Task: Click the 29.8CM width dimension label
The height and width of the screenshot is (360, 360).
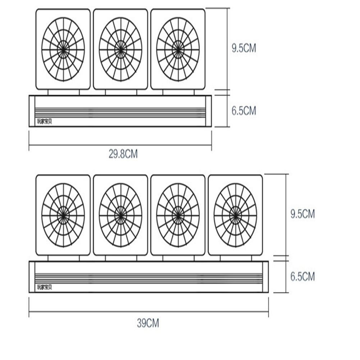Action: (x=123, y=154)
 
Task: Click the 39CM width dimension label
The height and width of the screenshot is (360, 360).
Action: (x=147, y=323)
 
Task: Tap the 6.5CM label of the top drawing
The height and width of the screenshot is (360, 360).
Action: (x=243, y=110)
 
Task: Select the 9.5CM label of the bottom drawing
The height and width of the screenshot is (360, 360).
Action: (x=302, y=214)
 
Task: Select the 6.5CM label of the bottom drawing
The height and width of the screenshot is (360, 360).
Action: (x=302, y=277)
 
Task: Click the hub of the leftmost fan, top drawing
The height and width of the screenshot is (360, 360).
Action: (x=63, y=49)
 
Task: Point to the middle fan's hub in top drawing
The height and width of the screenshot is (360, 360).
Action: (x=120, y=49)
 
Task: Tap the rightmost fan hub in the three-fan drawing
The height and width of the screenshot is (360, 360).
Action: (x=178, y=49)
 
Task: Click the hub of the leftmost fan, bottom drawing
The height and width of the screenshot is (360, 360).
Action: (x=63, y=215)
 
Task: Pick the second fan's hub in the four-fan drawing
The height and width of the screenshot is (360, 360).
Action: (x=120, y=215)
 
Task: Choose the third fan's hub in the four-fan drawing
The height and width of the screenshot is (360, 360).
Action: (x=178, y=215)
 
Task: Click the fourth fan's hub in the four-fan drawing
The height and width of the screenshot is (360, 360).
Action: (x=236, y=215)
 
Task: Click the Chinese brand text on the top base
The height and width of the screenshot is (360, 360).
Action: (x=45, y=122)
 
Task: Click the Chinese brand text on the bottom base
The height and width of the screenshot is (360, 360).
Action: (x=45, y=287)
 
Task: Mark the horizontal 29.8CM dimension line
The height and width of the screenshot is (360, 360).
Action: (x=120, y=145)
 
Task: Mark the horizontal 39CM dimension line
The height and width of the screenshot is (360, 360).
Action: (x=149, y=312)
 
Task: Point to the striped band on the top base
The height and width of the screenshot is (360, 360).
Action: (x=120, y=113)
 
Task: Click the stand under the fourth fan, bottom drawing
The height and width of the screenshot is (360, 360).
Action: (x=236, y=258)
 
